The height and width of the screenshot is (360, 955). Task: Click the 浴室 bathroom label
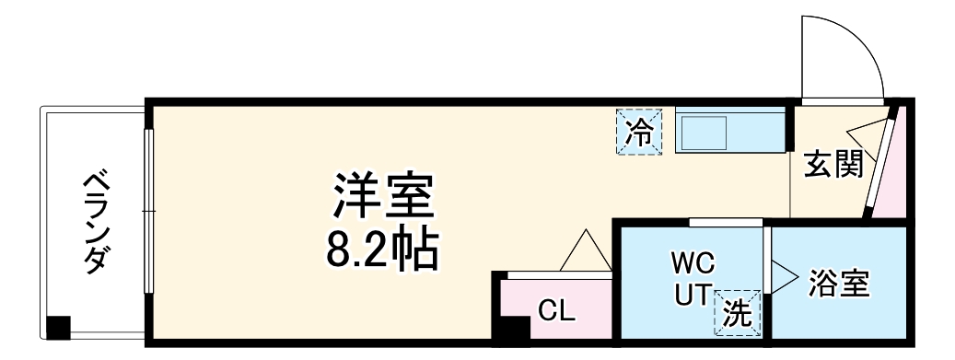coord(839,283)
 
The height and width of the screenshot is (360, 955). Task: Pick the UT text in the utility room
coord(692,296)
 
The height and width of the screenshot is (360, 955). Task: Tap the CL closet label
coord(556,310)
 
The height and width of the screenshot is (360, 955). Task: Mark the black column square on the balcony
coord(58,327)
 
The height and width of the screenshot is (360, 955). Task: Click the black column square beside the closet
coord(510,329)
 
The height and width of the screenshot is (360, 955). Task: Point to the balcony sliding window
coord(147,212)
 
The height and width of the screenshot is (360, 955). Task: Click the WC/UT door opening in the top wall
coord(726,221)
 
